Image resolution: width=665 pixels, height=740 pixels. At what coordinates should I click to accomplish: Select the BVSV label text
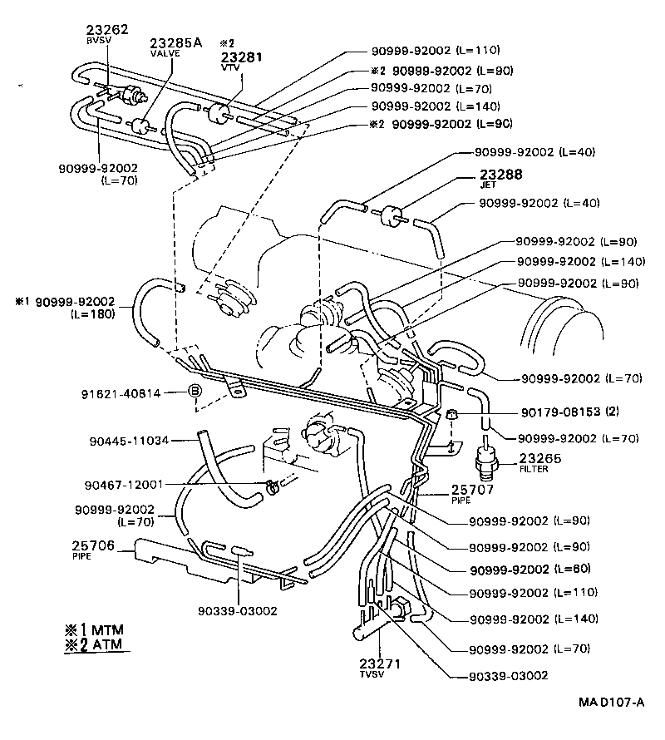tap(96, 40)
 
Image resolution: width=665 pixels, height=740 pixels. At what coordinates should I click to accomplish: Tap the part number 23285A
tap(176, 42)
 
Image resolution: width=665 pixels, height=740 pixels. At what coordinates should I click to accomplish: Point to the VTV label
tap(229, 68)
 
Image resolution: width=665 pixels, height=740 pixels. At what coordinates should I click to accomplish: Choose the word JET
tap(488, 186)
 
